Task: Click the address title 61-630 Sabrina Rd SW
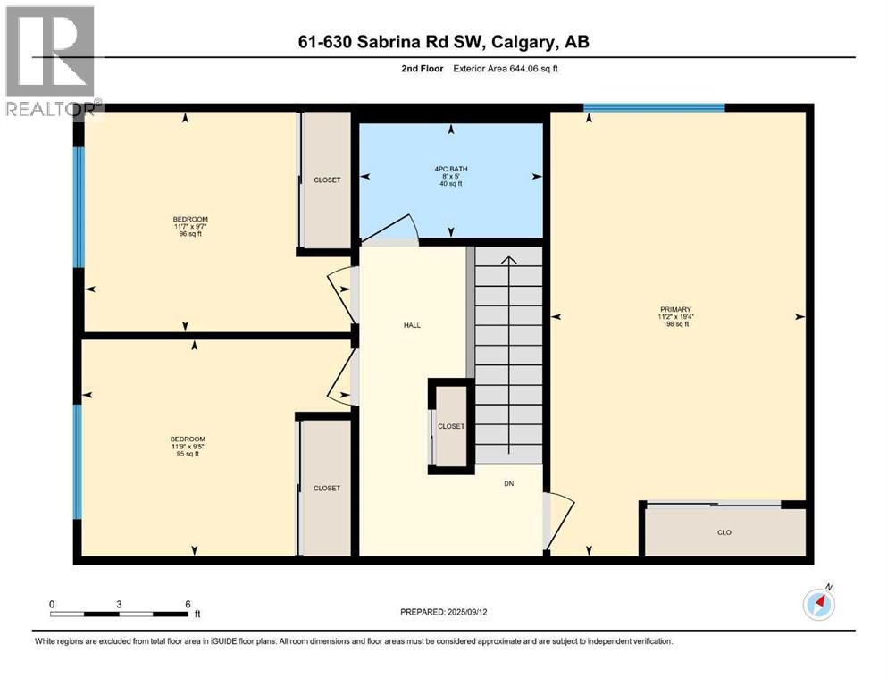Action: (443, 42)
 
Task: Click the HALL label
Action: (411, 325)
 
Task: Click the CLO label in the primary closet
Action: (724, 532)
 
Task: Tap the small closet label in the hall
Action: (451, 426)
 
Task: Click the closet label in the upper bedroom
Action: (327, 180)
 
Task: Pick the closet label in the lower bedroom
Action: (327, 489)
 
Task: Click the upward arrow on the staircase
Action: (508, 261)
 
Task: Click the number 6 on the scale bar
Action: (187, 604)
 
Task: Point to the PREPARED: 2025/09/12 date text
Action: (442, 612)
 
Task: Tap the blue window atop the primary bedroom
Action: (654, 108)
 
